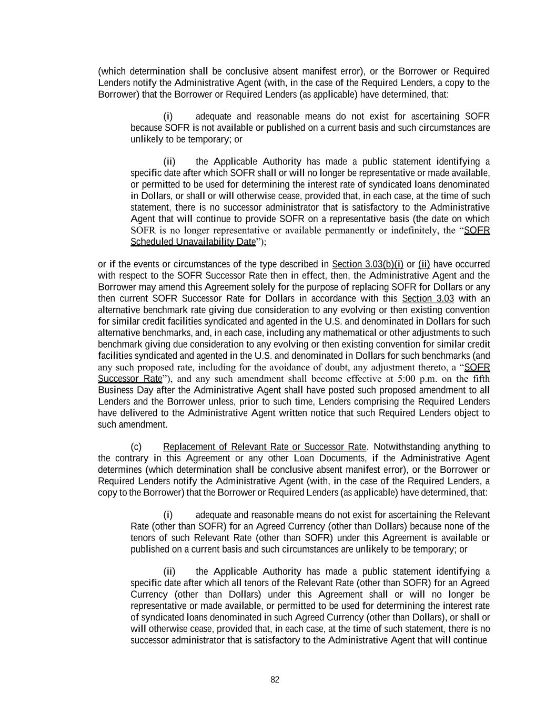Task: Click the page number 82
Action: tap(275, 680)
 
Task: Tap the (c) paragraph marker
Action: tap(136, 447)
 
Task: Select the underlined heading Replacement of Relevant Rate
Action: tap(264, 447)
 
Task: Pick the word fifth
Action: tap(479, 379)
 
